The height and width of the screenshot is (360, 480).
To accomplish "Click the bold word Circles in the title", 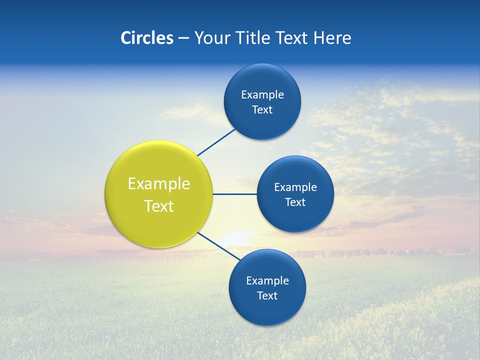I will point(146,38).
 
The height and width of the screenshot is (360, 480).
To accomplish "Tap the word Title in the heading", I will point(253,38).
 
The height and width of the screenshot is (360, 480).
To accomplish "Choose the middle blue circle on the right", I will point(295,217).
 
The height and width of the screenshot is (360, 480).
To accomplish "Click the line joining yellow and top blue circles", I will point(217,142).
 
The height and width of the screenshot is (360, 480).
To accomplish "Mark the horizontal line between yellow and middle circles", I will point(234,194).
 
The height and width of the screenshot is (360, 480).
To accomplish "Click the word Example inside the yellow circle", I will point(159,184).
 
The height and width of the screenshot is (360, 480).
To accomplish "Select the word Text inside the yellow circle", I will point(159,206).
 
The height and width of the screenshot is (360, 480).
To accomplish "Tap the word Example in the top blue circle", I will point(262,95).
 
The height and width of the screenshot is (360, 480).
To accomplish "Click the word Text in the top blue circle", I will point(262,110).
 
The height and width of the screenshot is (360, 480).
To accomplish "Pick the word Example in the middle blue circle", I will point(295,187).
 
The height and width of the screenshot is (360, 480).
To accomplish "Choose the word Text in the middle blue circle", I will point(295,202).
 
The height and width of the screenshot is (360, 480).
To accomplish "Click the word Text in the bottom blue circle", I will point(267,296).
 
